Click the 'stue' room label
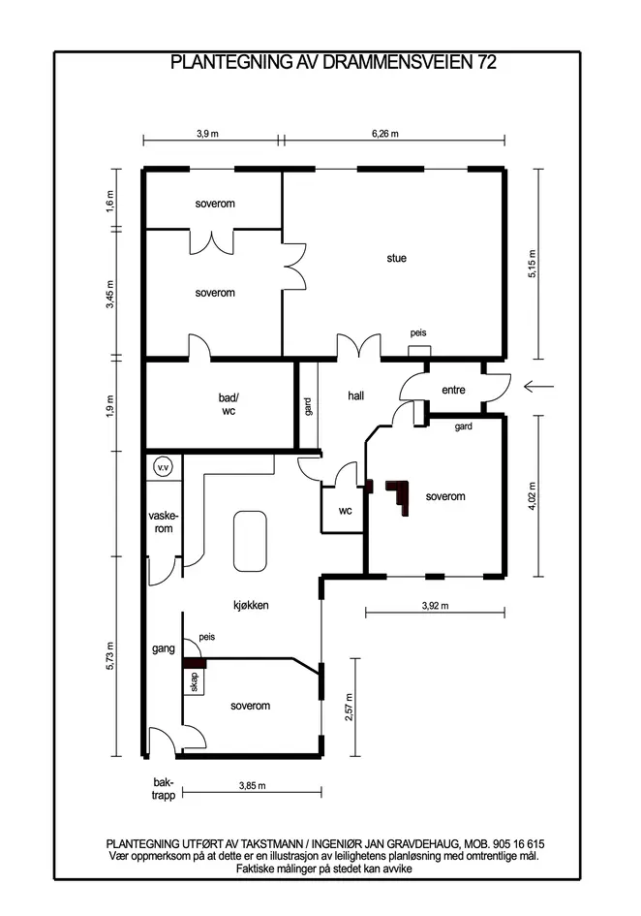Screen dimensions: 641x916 pos(396,258)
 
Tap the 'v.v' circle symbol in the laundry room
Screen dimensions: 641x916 pos(163,467)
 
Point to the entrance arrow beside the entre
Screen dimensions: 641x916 pos(538,386)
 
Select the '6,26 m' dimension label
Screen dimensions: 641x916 pos(385,134)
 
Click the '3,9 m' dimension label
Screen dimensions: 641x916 pos(208,134)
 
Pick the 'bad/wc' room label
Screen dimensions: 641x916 pos(229,404)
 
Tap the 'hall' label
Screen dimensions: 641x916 pos(356,395)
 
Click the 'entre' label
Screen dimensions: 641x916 pos(453,390)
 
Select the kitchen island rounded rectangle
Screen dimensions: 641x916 pos(251,542)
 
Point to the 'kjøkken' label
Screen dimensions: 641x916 pos(251,605)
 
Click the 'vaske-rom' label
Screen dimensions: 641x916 pos(164,522)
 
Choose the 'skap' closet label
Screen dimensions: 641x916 pos(195,681)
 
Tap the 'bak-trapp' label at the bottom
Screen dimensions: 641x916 pos(164,789)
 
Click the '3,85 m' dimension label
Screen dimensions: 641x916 pos(252,786)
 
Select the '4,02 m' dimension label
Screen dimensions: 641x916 pos(532,496)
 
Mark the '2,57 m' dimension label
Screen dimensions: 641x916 pos(349,708)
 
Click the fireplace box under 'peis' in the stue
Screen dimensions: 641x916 pos(419,351)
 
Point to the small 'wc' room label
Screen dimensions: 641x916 pos(346,511)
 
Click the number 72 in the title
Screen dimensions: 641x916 pos(487,62)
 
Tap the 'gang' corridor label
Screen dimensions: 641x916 pos(164,648)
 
